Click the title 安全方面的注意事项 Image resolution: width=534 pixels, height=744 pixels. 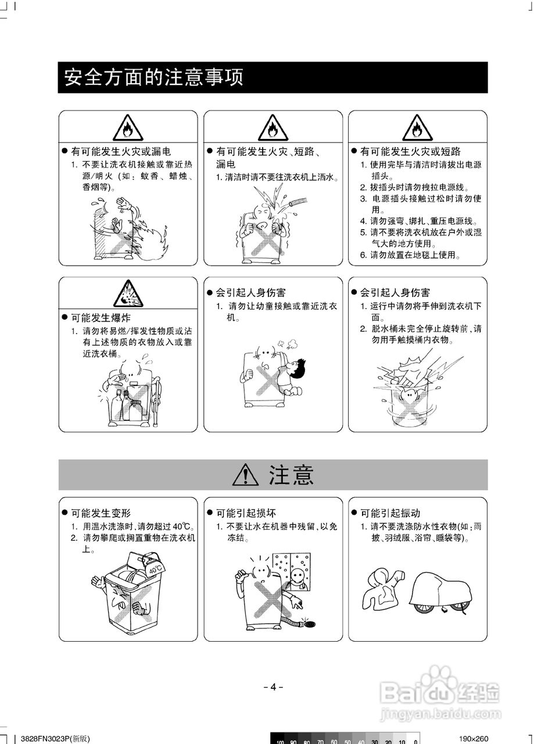click(x=153, y=77)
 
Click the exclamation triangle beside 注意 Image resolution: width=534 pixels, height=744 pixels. click(x=245, y=475)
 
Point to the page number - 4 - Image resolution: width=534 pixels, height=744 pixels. click(x=273, y=686)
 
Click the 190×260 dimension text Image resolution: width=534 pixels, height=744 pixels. click(x=473, y=739)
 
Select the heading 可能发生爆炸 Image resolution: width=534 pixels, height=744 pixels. click(x=101, y=318)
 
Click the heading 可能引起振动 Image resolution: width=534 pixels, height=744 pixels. click(x=390, y=513)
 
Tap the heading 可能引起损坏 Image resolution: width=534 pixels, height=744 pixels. click(x=246, y=513)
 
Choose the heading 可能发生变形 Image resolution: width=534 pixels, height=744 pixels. click(x=101, y=513)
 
